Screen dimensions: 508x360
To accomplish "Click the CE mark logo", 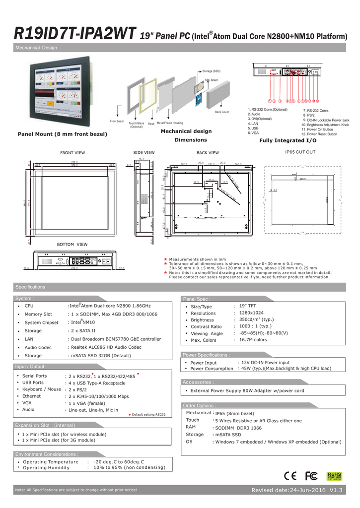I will (x=291, y=476).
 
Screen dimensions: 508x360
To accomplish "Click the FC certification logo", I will (x=311, y=476).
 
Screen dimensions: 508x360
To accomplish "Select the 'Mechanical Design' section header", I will (x=36, y=48).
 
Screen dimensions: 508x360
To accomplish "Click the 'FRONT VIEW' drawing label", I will (x=72, y=153).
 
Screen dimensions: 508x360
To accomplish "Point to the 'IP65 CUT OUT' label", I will (x=299, y=152).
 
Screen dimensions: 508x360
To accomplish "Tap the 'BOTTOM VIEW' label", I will (x=72, y=245).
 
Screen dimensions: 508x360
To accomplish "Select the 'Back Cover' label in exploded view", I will (x=222, y=112).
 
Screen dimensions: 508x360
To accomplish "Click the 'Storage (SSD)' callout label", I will (x=212, y=71).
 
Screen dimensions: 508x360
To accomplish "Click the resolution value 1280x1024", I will (x=251, y=313).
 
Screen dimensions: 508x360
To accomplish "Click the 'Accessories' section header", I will (x=199, y=382).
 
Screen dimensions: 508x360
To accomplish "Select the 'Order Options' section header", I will (x=199, y=405).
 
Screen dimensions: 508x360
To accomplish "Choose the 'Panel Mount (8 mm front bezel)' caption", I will (x=63, y=134).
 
